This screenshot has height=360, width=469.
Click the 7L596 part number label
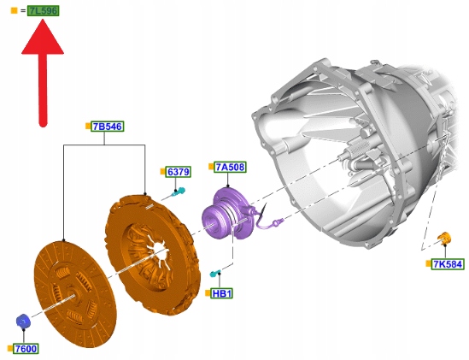click(44, 11)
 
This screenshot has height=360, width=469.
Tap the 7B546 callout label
click(108, 127)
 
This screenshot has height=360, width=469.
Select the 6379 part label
click(179, 172)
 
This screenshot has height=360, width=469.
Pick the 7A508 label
click(230, 167)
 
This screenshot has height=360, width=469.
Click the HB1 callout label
click(221, 293)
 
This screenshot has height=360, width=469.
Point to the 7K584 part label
click(448, 264)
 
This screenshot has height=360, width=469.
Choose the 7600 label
click(26, 349)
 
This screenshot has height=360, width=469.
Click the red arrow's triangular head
click(43, 38)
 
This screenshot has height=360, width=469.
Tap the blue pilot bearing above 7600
click(23, 322)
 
